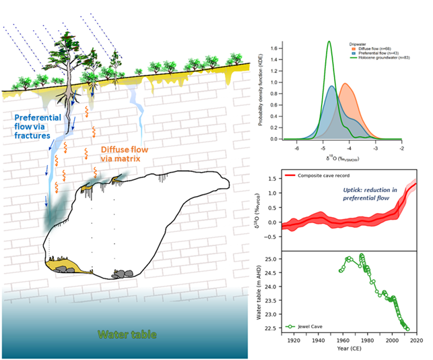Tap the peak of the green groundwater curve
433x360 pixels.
pyautogui.click(x=329, y=42)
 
